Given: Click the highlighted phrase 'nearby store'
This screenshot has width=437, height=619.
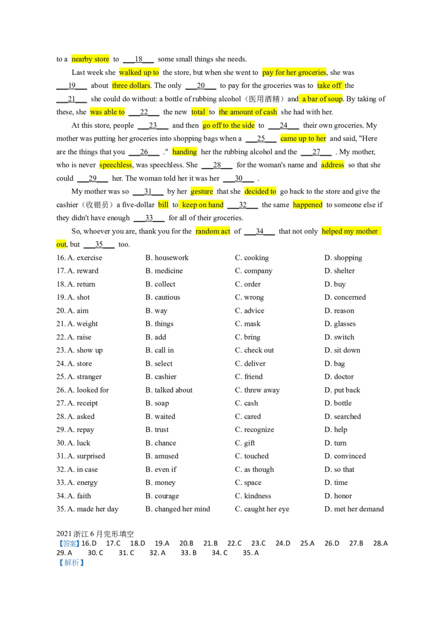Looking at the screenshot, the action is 90,59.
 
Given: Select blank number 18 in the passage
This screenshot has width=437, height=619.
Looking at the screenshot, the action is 138,59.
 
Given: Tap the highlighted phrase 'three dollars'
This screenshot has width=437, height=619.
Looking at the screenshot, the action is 131,86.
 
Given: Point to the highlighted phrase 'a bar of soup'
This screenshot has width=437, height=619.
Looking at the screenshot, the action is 321,98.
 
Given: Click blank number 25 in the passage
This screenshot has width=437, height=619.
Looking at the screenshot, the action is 261,138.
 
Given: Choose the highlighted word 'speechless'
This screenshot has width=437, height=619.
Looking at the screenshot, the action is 116,165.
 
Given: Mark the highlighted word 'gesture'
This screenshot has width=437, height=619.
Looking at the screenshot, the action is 202,191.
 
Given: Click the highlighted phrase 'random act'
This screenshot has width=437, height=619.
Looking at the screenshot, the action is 212,231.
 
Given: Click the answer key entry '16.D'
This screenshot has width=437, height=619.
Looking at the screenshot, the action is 88,543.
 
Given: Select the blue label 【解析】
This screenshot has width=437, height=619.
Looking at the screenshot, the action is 72,563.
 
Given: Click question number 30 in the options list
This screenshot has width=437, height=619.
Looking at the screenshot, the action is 61,443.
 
